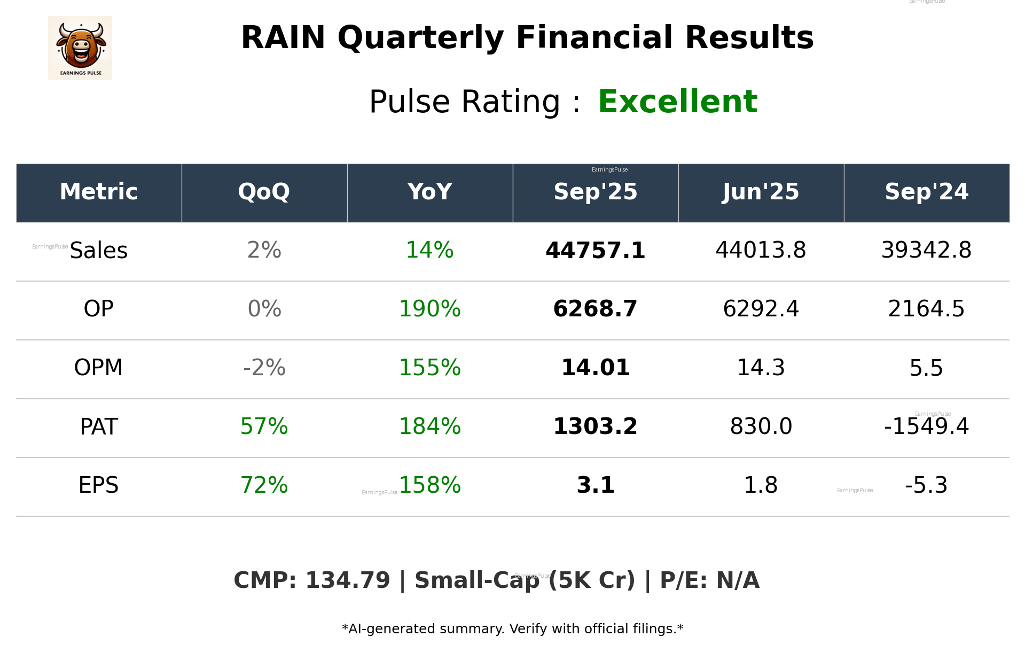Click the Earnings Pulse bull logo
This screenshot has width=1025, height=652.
pyautogui.click(x=80, y=48)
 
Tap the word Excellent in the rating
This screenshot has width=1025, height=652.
pyautogui.click(x=677, y=102)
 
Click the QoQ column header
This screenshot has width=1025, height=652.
pyautogui.click(x=264, y=192)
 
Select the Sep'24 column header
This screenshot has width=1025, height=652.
pyautogui.click(x=926, y=192)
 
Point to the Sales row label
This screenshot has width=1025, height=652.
pyautogui.click(x=99, y=251)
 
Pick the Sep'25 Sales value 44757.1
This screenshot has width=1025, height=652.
pyautogui.click(x=595, y=251)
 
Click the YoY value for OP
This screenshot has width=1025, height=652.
pyautogui.click(x=429, y=309)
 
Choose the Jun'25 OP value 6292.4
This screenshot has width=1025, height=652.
pyautogui.click(x=761, y=309)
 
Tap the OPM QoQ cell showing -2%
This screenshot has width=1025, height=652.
pyautogui.click(x=264, y=368)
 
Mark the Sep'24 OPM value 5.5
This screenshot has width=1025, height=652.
pyautogui.click(x=926, y=368)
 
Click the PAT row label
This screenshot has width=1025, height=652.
pyautogui.click(x=99, y=426)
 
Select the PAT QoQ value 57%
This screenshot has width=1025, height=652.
pyautogui.click(x=264, y=426)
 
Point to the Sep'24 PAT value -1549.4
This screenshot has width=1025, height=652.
pyautogui.click(x=926, y=426)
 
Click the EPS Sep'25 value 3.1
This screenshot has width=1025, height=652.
pyautogui.click(x=595, y=485)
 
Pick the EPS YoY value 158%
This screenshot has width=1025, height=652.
pyautogui.click(x=429, y=485)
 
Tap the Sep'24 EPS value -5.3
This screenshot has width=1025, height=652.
pyautogui.click(x=926, y=485)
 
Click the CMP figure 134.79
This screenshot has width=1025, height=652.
pyautogui.click(x=347, y=580)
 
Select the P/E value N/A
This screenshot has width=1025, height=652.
pyautogui.click(x=737, y=580)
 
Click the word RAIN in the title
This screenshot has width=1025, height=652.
pyautogui.click(x=283, y=38)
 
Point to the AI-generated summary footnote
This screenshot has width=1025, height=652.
pyautogui.click(x=512, y=629)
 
